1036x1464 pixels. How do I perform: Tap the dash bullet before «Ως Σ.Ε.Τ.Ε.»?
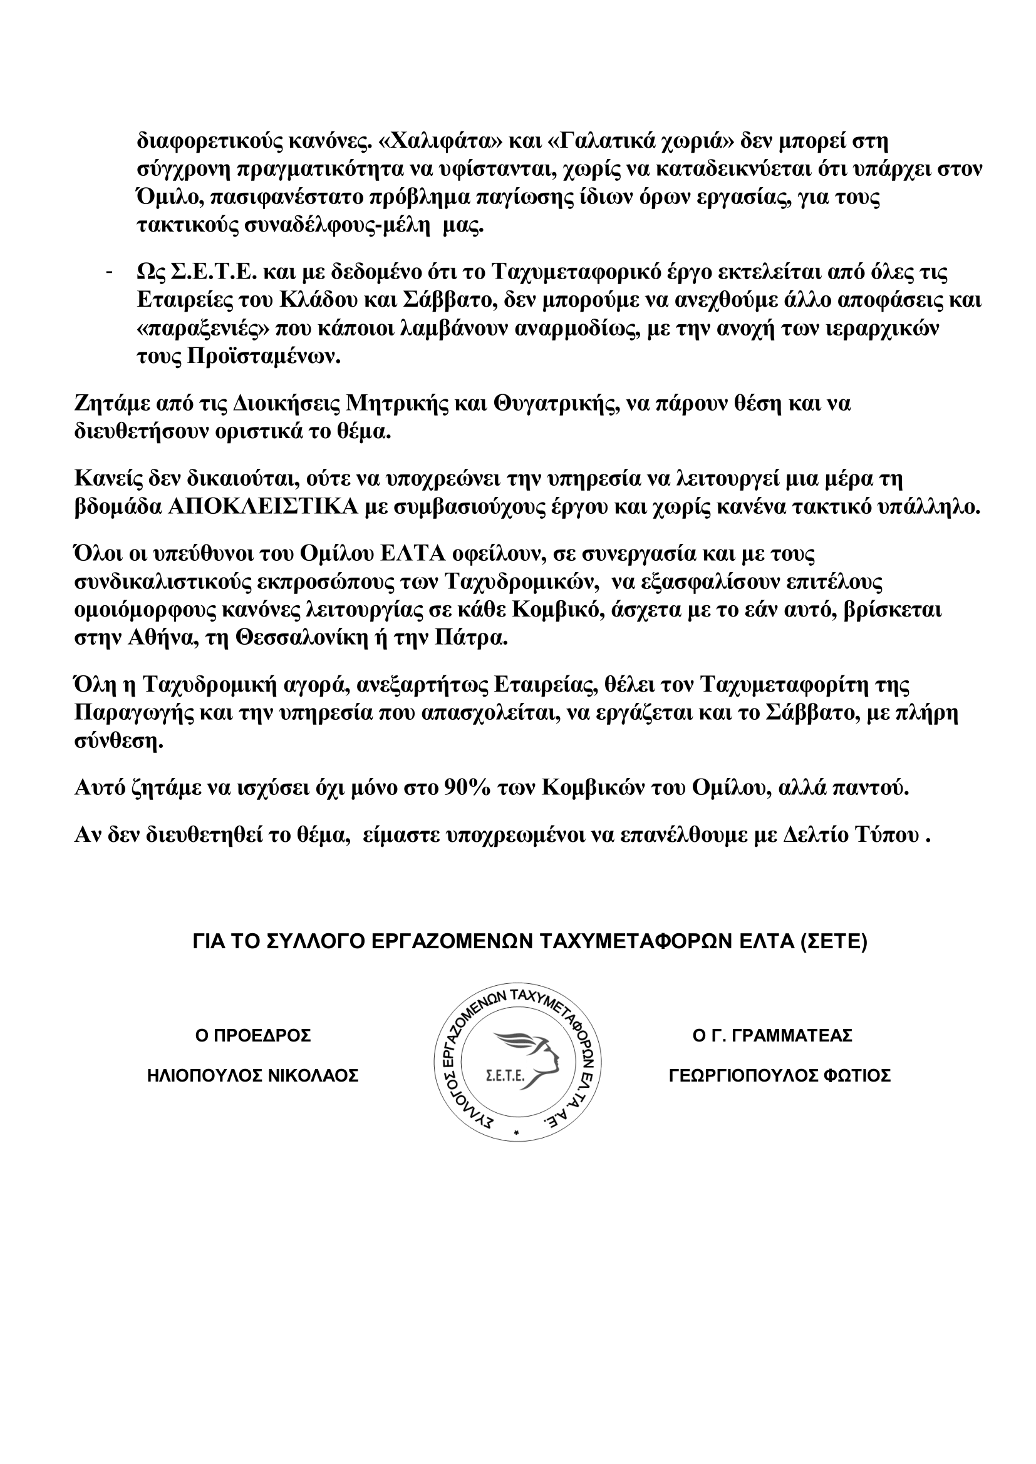point(109,273)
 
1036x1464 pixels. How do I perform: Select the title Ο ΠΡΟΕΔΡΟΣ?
point(252,1036)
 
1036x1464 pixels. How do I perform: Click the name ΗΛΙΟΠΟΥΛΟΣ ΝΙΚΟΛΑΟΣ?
point(252,1077)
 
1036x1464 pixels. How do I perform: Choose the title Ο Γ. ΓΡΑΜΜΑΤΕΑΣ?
point(772,1036)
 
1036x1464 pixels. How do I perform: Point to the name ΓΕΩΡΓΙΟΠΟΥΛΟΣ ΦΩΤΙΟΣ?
point(780,1077)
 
